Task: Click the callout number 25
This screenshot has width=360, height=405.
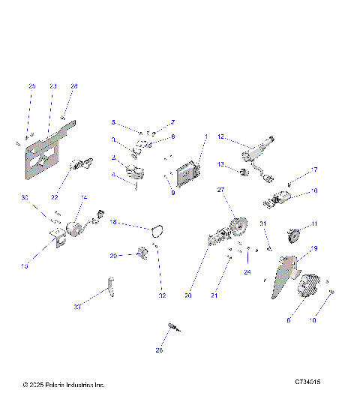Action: (x=31, y=87)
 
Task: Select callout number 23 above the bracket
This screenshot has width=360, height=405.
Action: (x=52, y=87)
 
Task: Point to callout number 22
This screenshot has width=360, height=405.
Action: (x=54, y=197)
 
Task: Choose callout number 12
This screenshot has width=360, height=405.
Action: (x=221, y=136)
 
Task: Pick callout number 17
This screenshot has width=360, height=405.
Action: (x=315, y=169)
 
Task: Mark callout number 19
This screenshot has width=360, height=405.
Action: (x=315, y=248)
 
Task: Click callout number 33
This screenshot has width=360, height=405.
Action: (x=77, y=307)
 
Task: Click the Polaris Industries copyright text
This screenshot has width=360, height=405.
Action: (x=64, y=385)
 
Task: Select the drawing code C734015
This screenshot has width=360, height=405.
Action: (x=307, y=382)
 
